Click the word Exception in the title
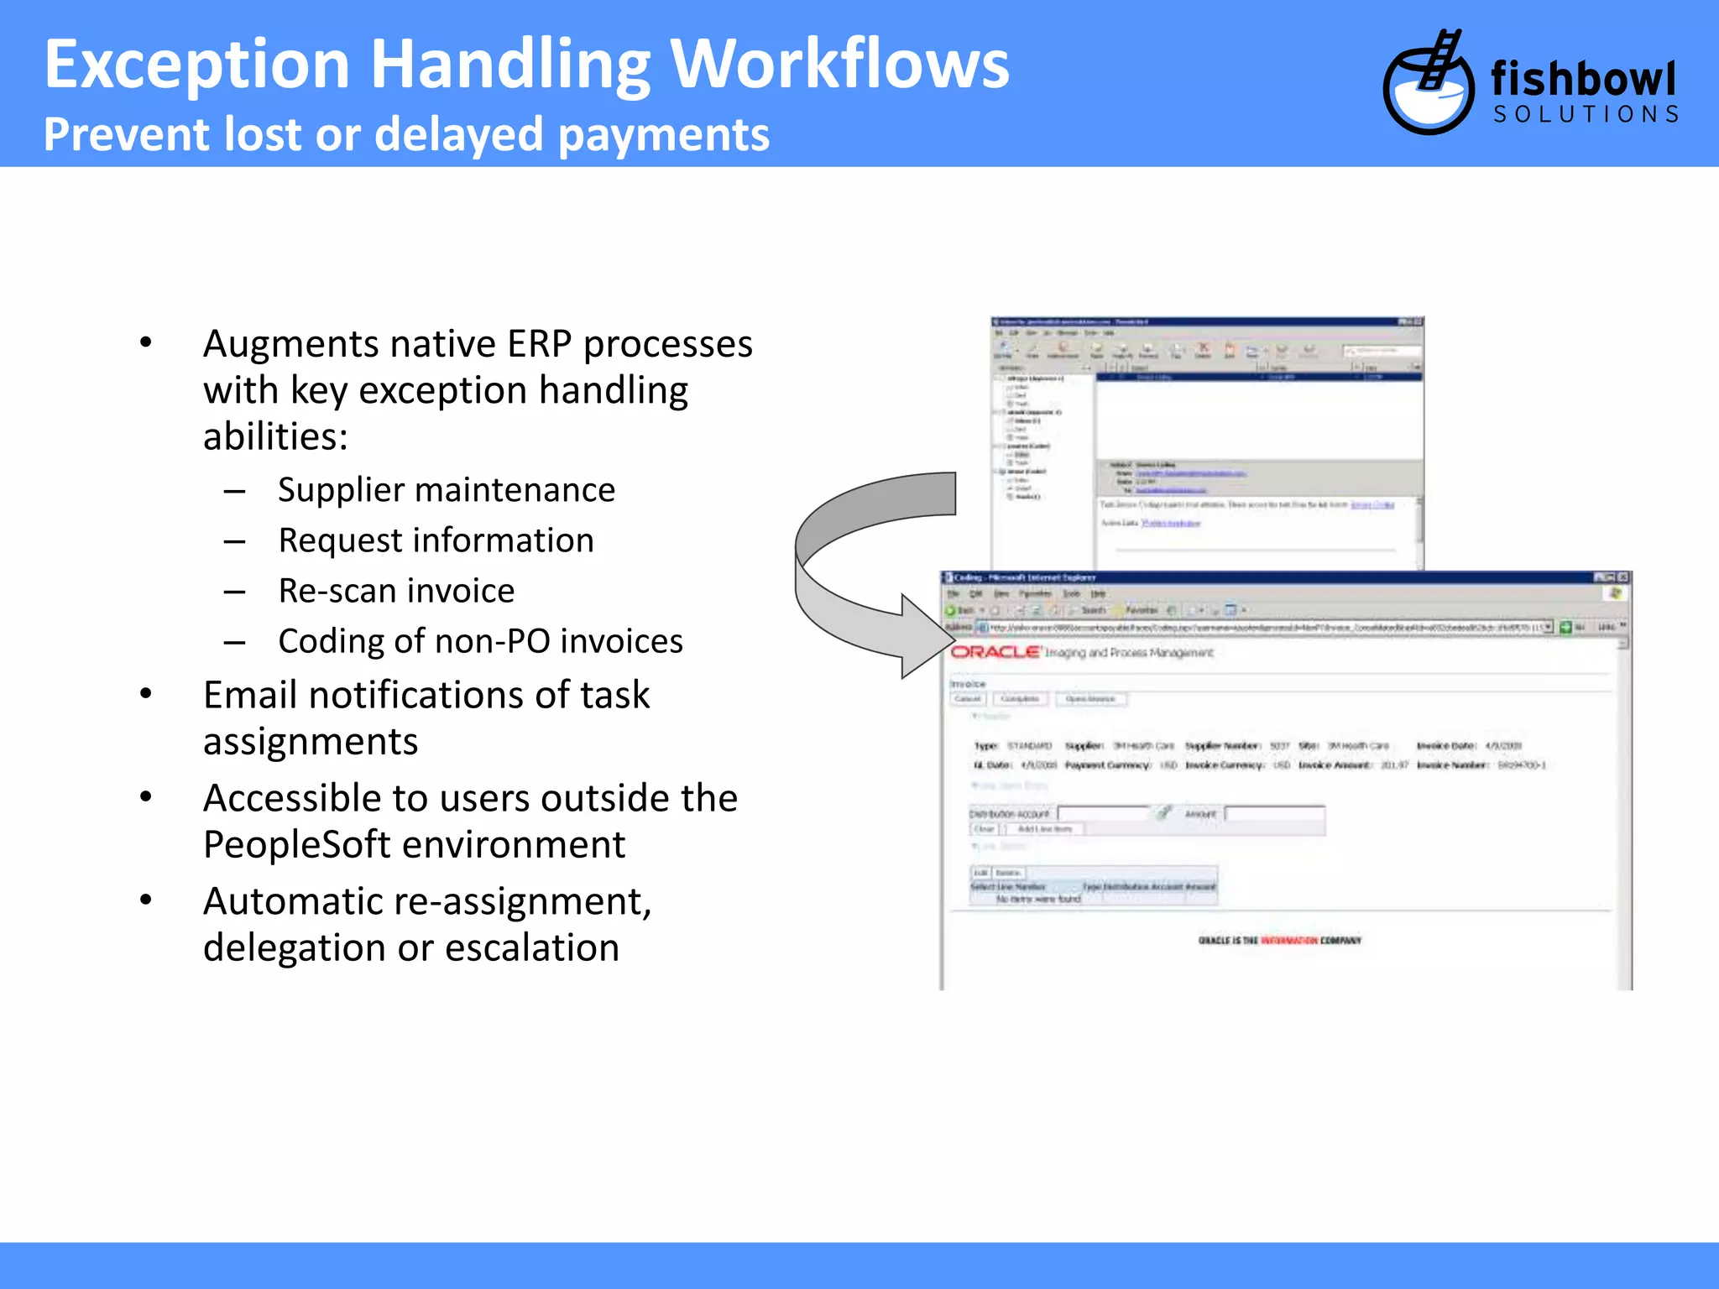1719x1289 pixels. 196,65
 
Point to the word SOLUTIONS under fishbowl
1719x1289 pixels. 1586,115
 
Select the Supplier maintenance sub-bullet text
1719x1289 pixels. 447,490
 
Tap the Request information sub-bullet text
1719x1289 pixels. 436,540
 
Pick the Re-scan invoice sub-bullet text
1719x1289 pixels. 396,591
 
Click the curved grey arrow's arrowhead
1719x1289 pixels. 923,638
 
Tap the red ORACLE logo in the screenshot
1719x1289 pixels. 995,652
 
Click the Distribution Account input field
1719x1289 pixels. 1103,813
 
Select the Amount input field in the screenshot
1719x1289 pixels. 1274,813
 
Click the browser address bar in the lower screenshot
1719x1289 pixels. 1259,627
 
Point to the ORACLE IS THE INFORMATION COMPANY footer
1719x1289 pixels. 1279,941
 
